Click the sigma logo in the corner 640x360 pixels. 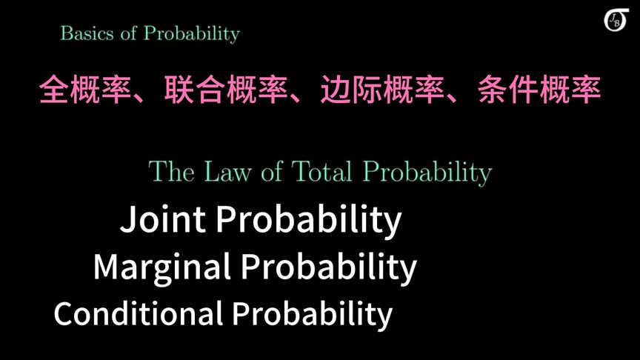click(x=616, y=20)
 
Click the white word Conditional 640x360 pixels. click(x=138, y=313)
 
